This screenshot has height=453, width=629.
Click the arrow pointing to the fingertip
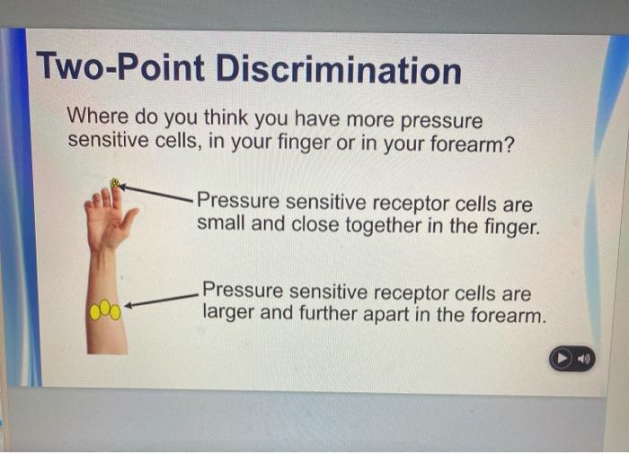pyautogui.click(x=156, y=190)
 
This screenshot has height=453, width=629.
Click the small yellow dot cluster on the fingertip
pyautogui.click(x=114, y=184)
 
